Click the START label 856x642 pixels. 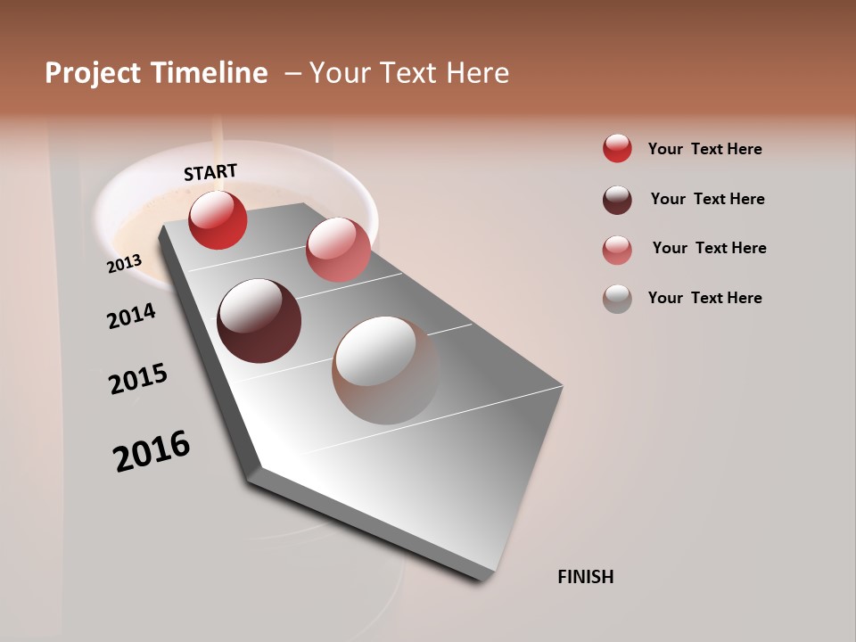coord(210,172)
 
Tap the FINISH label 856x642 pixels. coord(585,577)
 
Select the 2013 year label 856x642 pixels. coord(125,263)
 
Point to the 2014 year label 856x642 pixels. coord(131,316)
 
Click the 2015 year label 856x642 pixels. coord(138,379)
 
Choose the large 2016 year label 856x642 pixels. coord(152,450)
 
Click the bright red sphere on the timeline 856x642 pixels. coord(218,219)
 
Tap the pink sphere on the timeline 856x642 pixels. coord(338,250)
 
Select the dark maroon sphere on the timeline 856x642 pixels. coord(259,321)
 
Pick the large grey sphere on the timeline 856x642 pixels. coord(385,370)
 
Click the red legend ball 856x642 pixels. coord(617,148)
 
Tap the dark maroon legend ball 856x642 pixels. coord(617,200)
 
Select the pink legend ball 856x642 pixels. coord(617,250)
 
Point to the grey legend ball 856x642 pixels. coord(617,299)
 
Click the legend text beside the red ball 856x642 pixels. coord(704,149)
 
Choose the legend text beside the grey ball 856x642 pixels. coord(704,298)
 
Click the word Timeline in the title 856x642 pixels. coord(209,73)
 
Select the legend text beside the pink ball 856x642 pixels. coord(709,248)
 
